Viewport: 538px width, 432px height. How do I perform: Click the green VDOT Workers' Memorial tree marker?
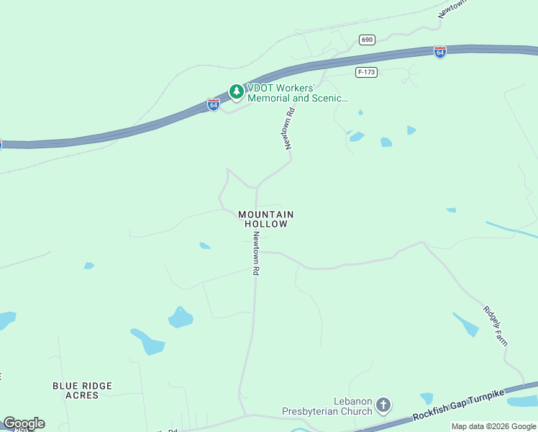(236, 91)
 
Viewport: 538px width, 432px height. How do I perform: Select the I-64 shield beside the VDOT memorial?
(214, 104)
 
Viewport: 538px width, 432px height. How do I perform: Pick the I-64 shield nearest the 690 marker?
(440, 52)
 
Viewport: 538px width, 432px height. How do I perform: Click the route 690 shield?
(368, 40)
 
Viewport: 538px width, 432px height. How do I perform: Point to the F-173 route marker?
(366, 72)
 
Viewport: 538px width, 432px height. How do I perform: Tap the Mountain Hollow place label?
(265, 220)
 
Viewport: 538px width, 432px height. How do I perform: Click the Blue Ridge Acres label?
(82, 390)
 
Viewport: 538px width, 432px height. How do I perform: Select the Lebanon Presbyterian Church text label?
(352, 405)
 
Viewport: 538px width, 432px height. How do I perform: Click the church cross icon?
(383, 405)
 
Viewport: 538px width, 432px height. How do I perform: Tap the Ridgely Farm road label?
(496, 325)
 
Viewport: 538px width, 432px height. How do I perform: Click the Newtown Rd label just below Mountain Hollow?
(255, 256)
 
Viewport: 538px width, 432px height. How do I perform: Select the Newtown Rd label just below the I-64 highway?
(289, 128)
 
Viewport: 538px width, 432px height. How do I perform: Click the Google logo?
(24, 423)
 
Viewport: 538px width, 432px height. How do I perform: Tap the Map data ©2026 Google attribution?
(493, 426)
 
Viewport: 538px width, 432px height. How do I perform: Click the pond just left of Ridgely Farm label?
(466, 325)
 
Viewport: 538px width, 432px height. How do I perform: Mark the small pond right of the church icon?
(427, 398)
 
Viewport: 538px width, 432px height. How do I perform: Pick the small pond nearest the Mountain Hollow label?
(205, 246)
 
